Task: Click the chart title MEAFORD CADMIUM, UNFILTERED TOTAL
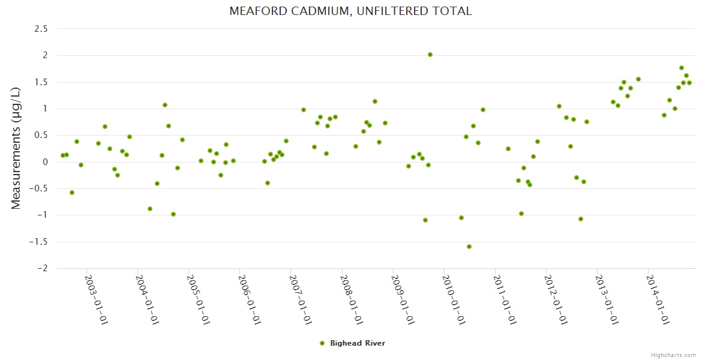[350, 11]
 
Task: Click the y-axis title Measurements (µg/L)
[16, 148]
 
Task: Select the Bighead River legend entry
[358, 343]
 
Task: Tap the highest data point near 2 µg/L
[430, 55]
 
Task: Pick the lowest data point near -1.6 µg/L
[469, 247]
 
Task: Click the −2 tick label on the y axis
[43, 268]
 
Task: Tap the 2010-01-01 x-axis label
[453, 299]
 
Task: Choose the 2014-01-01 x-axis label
[658, 299]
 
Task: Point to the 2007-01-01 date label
[299, 299]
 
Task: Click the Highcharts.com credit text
[673, 355]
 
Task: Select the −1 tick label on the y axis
[43, 215]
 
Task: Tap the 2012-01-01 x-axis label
[556, 299]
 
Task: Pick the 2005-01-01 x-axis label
[197, 299]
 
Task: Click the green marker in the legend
[322, 343]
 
